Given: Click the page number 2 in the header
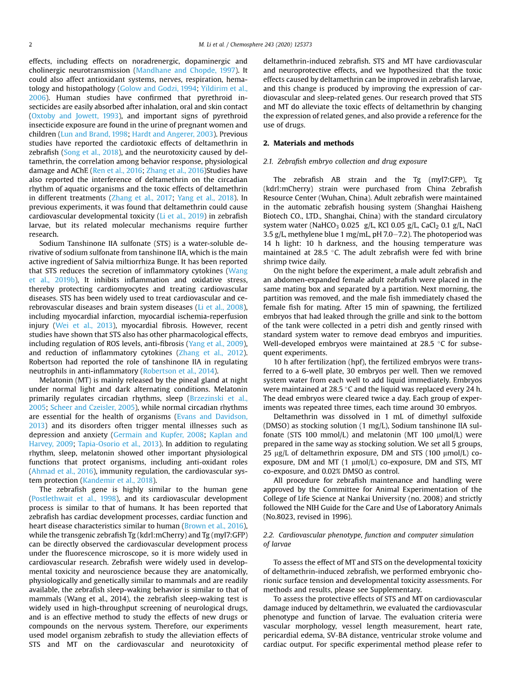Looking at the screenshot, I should coord(31,44).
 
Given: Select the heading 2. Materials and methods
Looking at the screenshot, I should coord(308,143).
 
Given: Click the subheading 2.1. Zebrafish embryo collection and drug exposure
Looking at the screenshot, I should coord(344,161).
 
